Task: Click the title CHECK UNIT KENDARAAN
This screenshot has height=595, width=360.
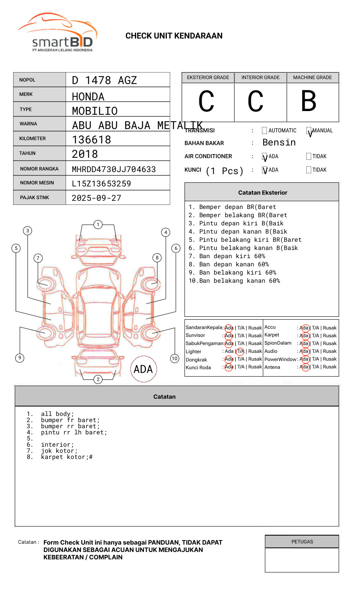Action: (x=174, y=36)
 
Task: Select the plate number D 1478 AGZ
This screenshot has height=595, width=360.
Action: (x=104, y=80)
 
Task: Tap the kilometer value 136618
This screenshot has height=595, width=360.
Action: (x=91, y=140)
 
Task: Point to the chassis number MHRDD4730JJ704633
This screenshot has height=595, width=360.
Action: (x=114, y=169)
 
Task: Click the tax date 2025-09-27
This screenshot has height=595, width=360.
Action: (x=96, y=198)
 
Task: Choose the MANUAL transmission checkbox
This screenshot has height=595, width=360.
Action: (x=309, y=131)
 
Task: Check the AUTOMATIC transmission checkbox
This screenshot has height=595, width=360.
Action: (x=264, y=131)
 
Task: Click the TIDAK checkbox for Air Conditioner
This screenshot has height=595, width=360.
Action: (x=309, y=157)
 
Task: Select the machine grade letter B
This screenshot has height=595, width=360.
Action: (x=308, y=101)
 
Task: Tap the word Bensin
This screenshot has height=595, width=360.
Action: (x=279, y=143)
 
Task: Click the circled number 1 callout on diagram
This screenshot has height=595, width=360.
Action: (x=98, y=225)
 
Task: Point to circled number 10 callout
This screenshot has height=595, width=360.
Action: (x=175, y=359)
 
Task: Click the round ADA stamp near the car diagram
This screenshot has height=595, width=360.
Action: (x=143, y=369)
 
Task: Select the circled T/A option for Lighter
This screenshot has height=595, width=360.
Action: (x=240, y=352)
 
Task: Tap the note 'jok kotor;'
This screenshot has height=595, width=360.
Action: (x=59, y=451)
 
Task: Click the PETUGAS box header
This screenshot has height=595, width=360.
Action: (x=302, y=542)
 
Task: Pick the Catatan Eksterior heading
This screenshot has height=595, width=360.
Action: (x=262, y=193)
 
